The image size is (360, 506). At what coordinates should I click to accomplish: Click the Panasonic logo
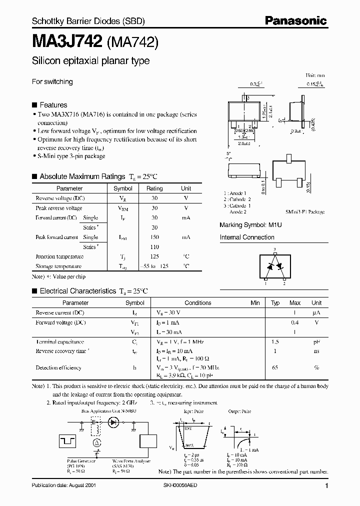(x=295, y=20)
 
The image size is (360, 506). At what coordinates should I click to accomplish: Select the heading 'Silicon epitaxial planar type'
(x=90, y=61)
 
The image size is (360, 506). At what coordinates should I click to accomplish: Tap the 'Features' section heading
(x=53, y=105)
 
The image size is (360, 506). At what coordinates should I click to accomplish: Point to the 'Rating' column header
(x=154, y=188)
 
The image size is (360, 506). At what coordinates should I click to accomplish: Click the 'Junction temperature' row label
(x=59, y=256)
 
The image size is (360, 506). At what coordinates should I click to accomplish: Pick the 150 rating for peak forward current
(x=154, y=237)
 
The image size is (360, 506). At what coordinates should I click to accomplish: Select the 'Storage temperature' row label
(x=58, y=266)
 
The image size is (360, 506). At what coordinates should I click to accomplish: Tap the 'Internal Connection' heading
(x=247, y=237)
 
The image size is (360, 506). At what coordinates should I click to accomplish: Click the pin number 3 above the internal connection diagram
(x=274, y=248)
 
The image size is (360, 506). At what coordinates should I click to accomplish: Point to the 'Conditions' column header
(x=198, y=302)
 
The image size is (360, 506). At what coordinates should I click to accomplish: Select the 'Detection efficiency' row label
(x=58, y=367)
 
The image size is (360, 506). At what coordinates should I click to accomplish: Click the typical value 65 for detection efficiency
(x=275, y=367)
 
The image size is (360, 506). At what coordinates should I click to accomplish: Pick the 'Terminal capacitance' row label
(x=60, y=341)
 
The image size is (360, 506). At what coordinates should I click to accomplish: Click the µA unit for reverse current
(x=316, y=312)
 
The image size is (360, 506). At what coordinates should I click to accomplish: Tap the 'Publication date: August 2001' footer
(x=64, y=485)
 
